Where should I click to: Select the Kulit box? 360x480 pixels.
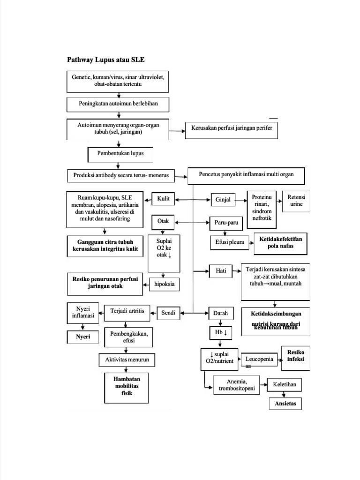[163, 199]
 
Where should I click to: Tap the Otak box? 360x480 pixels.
[163, 221]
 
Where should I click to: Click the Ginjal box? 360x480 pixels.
[223, 200]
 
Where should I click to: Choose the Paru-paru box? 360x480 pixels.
[224, 222]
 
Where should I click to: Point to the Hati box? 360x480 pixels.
[221, 270]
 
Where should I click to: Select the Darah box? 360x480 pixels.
[220, 312]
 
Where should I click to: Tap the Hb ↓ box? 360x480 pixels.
[219, 333]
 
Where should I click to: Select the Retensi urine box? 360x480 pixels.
[297, 201]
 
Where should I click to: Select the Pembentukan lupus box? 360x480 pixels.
[120, 154]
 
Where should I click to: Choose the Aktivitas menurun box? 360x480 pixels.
[127, 360]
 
